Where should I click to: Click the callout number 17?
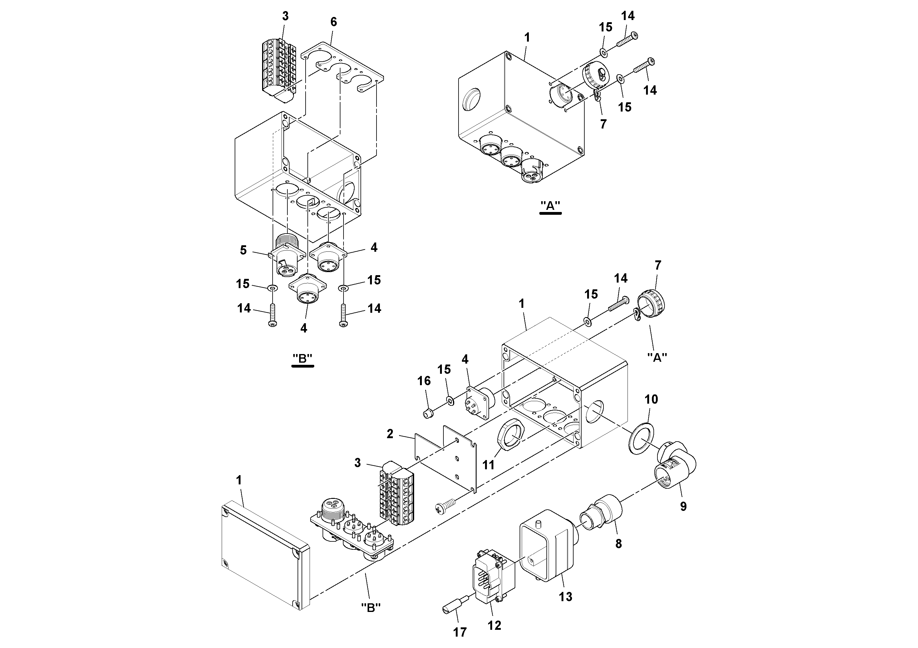coord(460,632)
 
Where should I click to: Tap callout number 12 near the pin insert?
coord(494,625)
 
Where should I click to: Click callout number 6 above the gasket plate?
coord(333,22)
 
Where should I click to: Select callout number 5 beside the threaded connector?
coord(243,250)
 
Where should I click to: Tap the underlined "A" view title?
coord(550,206)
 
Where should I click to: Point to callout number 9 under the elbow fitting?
coord(683,506)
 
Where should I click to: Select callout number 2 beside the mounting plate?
coord(390,434)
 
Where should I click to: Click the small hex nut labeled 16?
coord(428,414)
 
